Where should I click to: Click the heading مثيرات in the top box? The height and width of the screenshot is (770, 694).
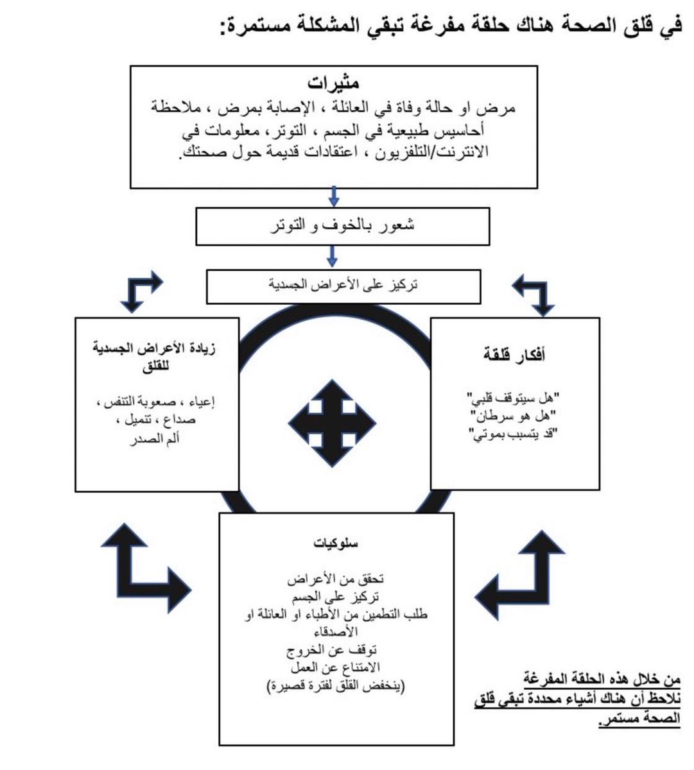[x=333, y=84]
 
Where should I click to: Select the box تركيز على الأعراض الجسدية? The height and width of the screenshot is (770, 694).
[x=343, y=286]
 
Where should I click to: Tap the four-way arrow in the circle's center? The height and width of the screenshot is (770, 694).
[x=332, y=422]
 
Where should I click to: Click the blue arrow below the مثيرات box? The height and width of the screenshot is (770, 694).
[x=333, y=196]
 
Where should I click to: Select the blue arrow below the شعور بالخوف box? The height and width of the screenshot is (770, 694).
[x=332, y=257]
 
